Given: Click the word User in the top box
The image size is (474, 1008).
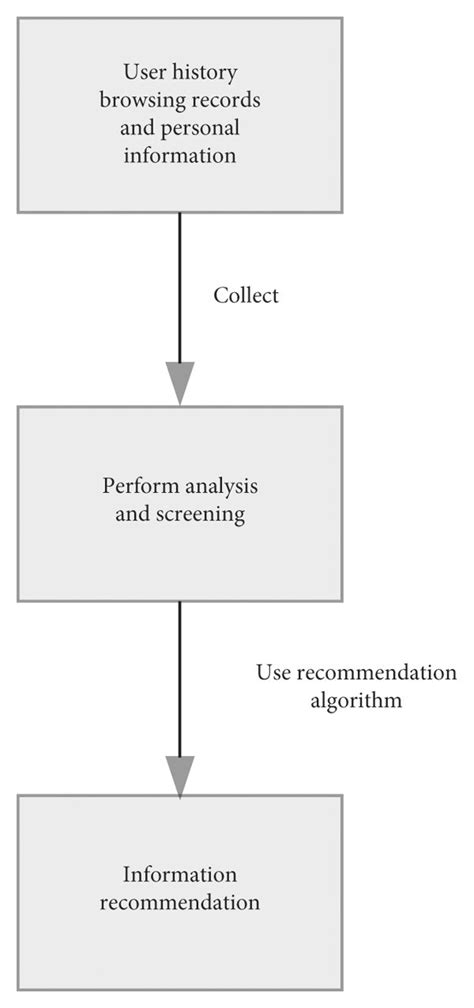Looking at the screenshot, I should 143,71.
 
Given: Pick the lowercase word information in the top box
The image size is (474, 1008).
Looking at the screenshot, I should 179,156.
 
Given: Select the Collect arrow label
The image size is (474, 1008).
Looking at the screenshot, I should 246,296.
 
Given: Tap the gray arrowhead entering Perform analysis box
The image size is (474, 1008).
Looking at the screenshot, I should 180,386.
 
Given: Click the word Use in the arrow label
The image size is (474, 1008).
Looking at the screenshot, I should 273,671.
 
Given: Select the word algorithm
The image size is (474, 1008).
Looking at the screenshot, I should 356,700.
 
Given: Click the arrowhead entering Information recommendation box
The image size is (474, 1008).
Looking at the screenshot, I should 180,776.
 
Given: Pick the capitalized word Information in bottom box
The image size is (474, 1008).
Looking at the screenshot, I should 179,875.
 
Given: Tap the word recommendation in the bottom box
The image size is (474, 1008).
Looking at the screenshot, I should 179,903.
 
